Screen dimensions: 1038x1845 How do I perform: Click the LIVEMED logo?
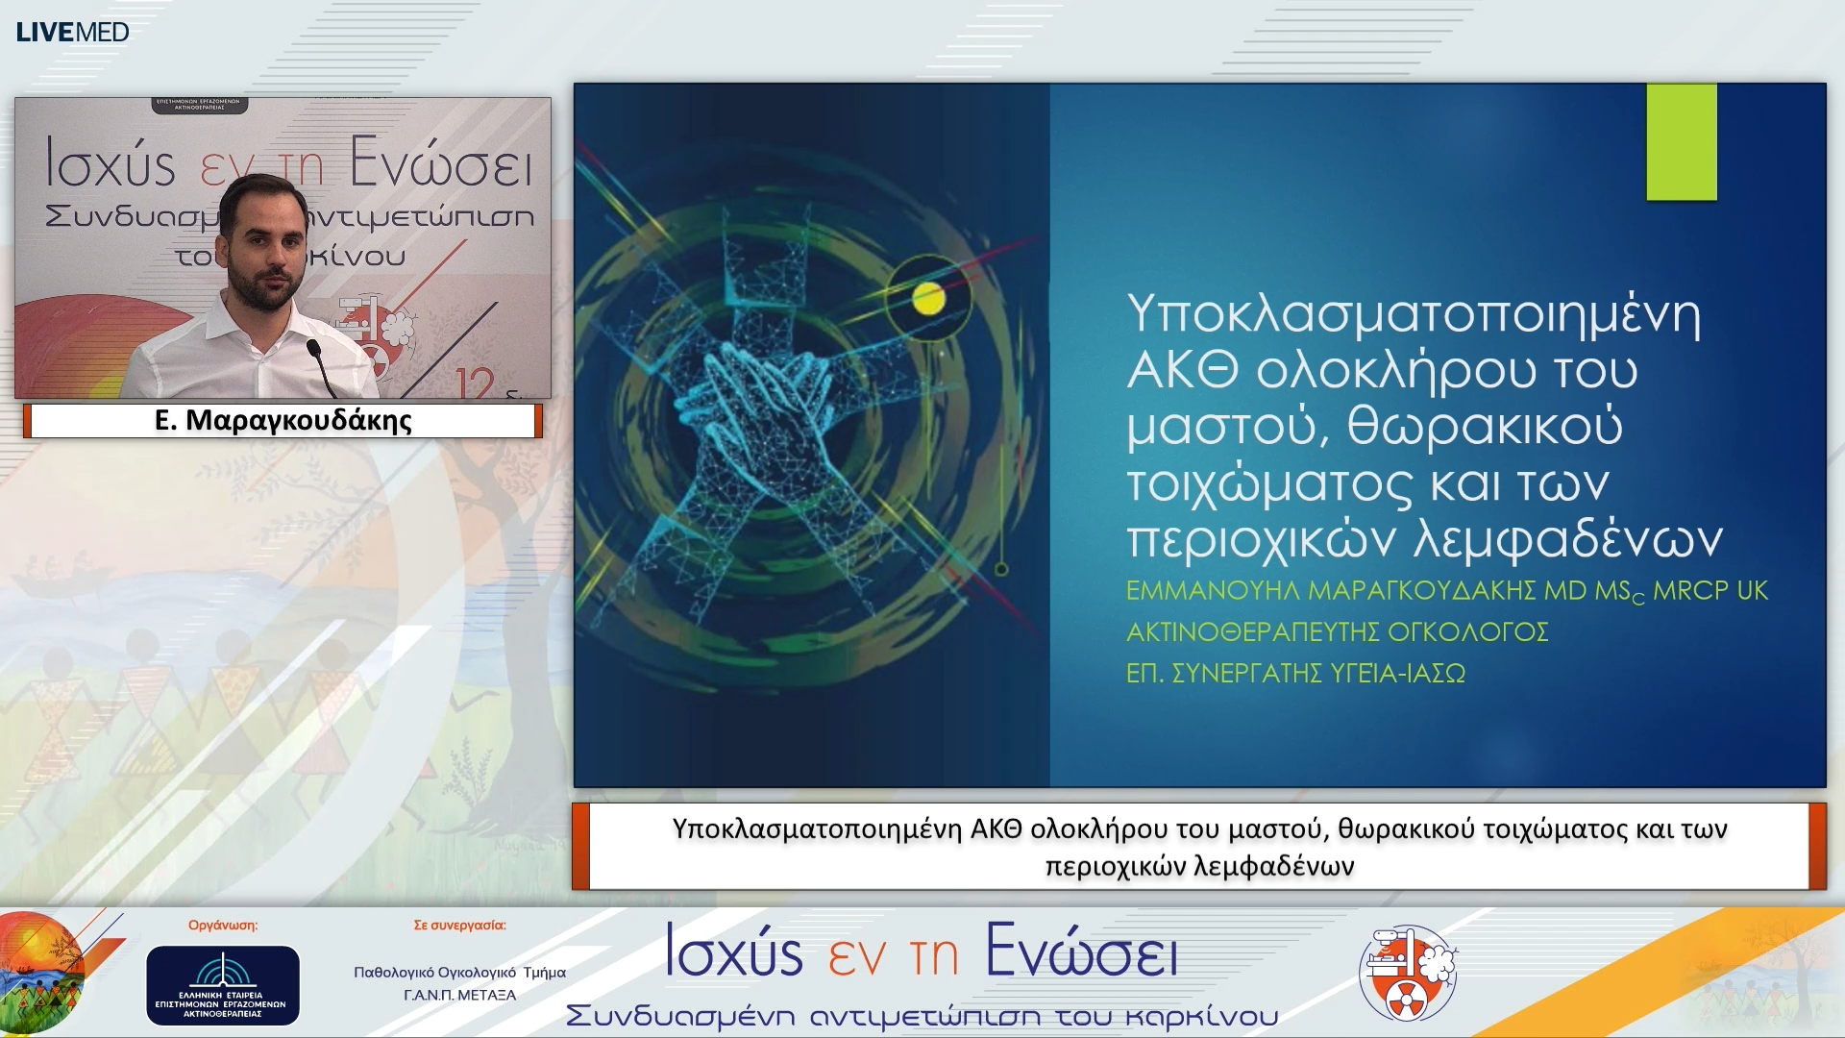(x=72, y=32)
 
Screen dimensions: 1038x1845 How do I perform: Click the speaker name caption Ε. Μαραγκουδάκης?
(x=283, y=421)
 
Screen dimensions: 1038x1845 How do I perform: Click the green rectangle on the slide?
(x=1681, y=141)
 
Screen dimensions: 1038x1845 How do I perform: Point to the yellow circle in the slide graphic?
(x=928, y=299)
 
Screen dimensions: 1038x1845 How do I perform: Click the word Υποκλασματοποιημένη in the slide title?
(x=1413, y=313)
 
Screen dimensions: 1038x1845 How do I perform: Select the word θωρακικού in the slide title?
(x=1485, y=426)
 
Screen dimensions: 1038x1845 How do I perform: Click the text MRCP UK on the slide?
(x=1710, y=590)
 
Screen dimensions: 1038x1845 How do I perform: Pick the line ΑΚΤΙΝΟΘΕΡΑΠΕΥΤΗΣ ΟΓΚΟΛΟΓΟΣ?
(x=1337, y=631)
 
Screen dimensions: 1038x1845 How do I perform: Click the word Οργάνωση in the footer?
(x=222, y=926)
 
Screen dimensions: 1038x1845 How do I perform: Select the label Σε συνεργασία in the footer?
(x=459, y=926)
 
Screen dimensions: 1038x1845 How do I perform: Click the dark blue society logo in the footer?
(x=222, y=985)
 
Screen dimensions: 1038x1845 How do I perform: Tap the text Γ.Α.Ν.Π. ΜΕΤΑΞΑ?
(x=459, y=995)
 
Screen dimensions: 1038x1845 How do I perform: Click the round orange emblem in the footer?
(x=1408, y=974)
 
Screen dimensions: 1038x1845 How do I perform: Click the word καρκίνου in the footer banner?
(x=1201, y=1016)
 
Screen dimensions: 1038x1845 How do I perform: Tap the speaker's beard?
(x=264, y=288)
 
